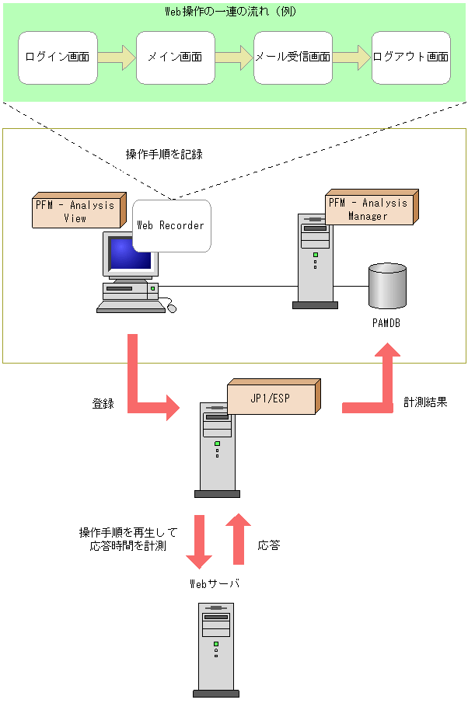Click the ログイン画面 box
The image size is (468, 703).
pos(58,57)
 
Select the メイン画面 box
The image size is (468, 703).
pos(176,57)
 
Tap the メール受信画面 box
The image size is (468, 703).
pos(293,57)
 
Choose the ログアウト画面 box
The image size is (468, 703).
pos(411,57)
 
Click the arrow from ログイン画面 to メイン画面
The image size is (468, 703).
pos(117,57)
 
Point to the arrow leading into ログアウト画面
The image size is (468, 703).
pos(352,57)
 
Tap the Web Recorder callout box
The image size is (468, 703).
pos(171,225)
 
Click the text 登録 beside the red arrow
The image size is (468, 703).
pos(103,403)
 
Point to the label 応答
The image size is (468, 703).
pos(268,545)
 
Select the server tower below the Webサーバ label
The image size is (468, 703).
pos(215,649)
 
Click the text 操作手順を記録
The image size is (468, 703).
pos(164,154)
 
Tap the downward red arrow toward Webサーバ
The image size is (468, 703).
pos(200,541)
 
